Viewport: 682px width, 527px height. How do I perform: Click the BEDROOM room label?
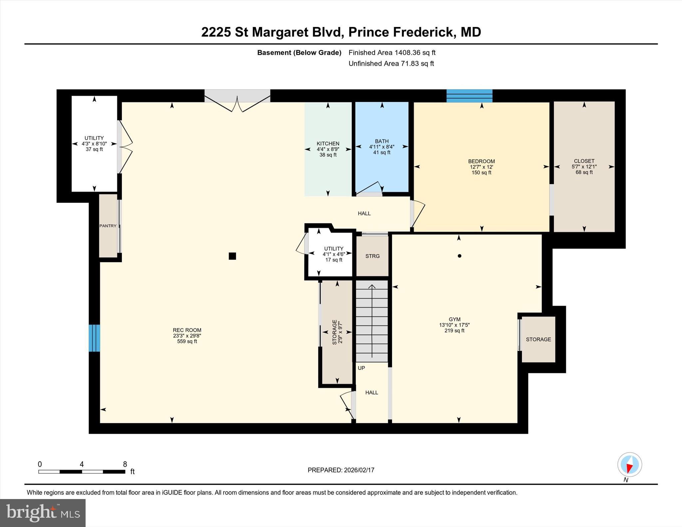(x=482, y=161)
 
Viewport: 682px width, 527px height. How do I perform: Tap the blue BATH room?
(x=382, y=147)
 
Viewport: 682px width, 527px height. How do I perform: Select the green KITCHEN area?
(x=328, y=149)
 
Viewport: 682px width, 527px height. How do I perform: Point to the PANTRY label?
(x=108, y=226)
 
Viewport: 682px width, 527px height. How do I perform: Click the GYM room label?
(x=455, y=319)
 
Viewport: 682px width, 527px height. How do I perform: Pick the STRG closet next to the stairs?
(x=372, y=256)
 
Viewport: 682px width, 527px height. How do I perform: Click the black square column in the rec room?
(x=232, y=256)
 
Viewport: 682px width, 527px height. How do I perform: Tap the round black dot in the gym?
(x=460, y=256)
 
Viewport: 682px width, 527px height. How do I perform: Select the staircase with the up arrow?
(x=372, y=321)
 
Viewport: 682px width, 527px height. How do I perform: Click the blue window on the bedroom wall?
(x=470, y=96)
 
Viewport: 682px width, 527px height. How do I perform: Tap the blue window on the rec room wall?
(x=94, y=338)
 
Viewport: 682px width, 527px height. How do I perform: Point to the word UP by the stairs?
(x=361, y=368)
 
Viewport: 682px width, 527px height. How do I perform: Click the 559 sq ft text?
(x=187, y=341)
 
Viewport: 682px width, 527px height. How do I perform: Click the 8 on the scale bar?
(x=125, y=464)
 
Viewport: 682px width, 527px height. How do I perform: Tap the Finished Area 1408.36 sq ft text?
(x=392, y=53)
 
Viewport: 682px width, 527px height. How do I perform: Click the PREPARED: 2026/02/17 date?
(x=341, y=470)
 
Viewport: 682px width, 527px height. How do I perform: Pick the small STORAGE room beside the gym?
(x=538, y=339)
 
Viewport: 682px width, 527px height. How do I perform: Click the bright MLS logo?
(x=43, y=512)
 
